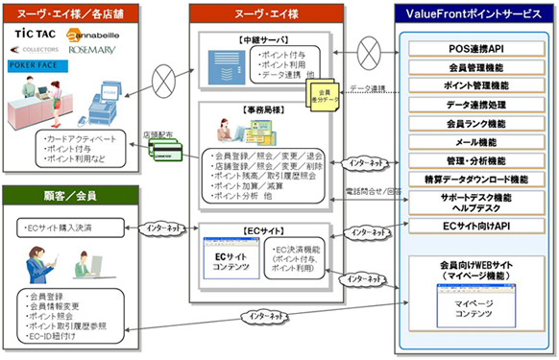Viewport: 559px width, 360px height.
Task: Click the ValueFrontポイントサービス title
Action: tap(474, 14)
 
